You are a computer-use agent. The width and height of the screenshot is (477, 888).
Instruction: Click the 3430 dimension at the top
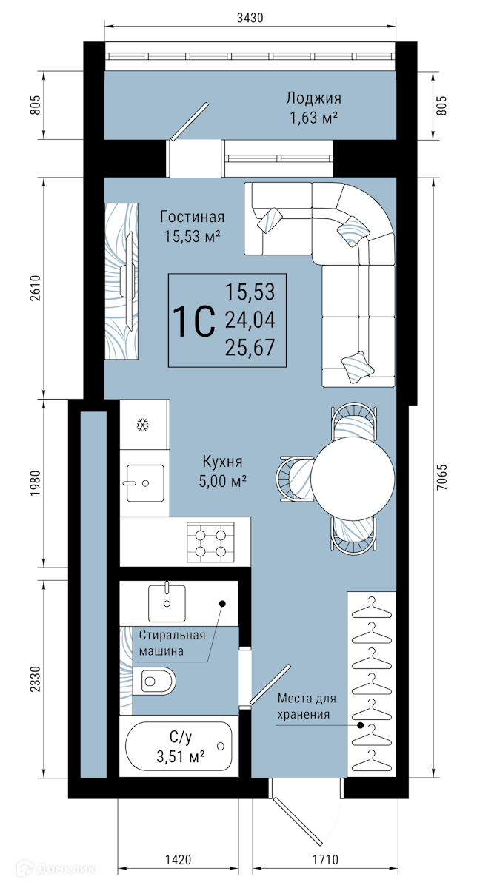[250, 18]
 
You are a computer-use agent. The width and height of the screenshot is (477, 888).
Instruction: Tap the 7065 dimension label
[441, 477]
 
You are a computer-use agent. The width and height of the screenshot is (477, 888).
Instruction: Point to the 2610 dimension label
[36, 288]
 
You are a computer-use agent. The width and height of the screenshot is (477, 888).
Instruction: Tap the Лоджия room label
[313, 98]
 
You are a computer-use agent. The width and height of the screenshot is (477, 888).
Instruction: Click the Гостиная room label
[193, 217]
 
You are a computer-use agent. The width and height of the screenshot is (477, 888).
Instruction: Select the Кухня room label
[223, 462]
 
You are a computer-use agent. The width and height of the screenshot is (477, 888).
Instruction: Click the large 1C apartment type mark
[195, 321]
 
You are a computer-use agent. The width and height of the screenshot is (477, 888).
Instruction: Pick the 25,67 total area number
[250, 347]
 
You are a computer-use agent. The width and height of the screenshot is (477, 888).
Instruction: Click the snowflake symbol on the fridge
[143, 425]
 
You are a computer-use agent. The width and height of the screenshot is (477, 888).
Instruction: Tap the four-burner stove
[210, 542]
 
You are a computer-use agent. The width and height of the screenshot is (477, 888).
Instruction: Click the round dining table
[353, 479]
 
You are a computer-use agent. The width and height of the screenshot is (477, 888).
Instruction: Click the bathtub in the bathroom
[179, 746]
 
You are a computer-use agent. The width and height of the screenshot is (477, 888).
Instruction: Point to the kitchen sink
[145, 482]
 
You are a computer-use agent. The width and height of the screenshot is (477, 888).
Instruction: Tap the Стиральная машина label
[173, 643]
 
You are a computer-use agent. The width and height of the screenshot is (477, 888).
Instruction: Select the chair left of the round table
[295, 479]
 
